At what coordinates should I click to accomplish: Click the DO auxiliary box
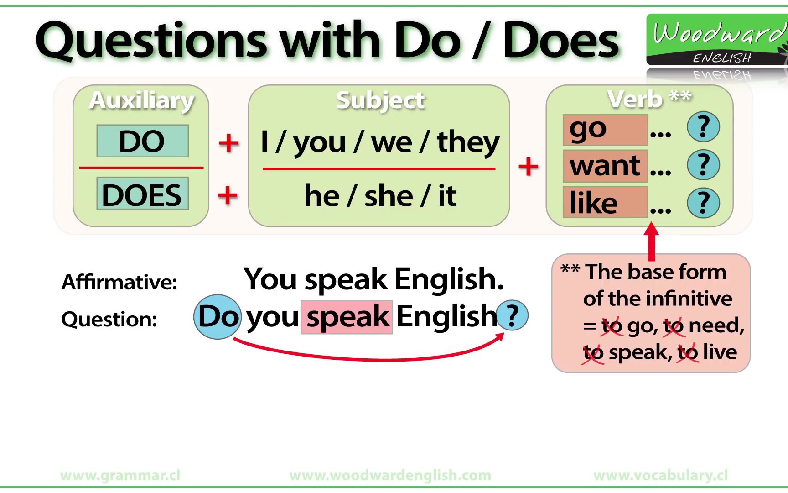click(142, 141)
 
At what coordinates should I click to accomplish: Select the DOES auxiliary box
click(142, 194)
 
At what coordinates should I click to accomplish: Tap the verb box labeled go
click(605, 131)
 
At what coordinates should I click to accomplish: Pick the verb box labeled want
click(605, 166)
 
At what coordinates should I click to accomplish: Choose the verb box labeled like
click(605, 202)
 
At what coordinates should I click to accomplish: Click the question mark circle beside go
click(703, 127)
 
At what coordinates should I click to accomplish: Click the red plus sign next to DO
click(228, 143)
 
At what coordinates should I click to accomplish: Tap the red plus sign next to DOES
click(228, 196)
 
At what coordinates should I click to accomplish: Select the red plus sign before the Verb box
click(529, 166)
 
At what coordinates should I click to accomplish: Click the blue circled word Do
click(218, 316)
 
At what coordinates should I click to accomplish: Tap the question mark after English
click(513, 315)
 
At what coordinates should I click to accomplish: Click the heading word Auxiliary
click(142, 100)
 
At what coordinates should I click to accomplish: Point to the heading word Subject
click(380, 100)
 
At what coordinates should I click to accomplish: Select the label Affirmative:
click(119, 282)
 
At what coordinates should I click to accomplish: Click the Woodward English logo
click(717, 40)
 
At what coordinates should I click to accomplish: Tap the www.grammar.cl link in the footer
click(120, 476)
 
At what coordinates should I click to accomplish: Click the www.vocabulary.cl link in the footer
click(660, 476)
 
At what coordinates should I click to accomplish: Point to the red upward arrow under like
click(652, 240)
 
